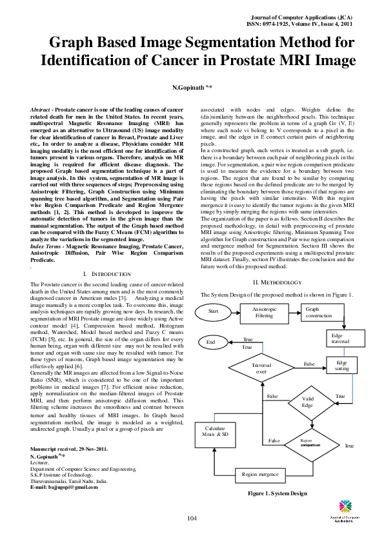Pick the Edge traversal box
tap(341, 339)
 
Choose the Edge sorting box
tap(341, 366)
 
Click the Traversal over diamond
tap(261, 368)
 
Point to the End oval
tap(211, 342)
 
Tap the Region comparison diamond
tap(310, 442)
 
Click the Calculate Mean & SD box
tap(216, 431)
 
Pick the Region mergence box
tap(259, 475)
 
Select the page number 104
tap(192, 519)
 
